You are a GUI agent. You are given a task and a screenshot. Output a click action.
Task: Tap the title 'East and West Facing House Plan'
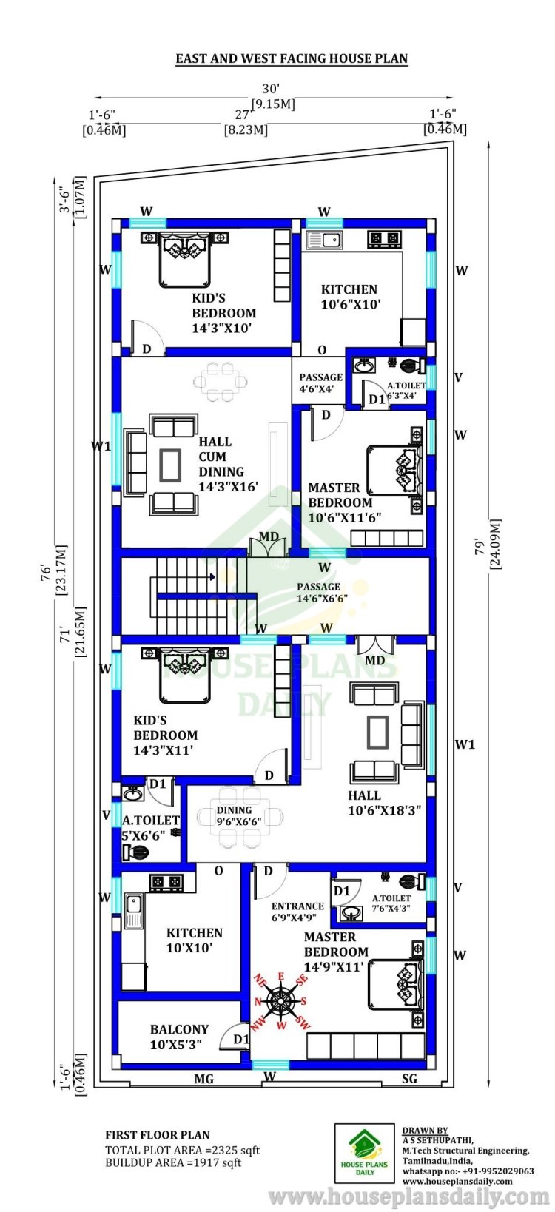tap(292, 58)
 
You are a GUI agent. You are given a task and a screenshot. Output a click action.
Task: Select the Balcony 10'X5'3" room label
tap(179, 1037)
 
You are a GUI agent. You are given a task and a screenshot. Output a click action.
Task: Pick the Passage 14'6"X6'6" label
tap(322, 592)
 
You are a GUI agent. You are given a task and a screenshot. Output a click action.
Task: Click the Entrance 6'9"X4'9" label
tap(297, 911)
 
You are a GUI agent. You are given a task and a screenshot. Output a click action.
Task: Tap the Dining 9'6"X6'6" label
tap(238, 815)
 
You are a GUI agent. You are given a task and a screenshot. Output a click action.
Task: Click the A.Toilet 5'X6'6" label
tap(149, 828)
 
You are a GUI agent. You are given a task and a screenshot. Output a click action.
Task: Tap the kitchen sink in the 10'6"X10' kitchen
tap(323, 240)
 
